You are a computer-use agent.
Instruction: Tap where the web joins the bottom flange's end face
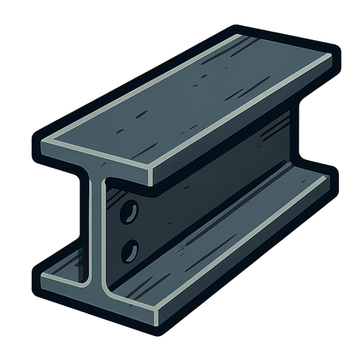coord(97,281)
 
